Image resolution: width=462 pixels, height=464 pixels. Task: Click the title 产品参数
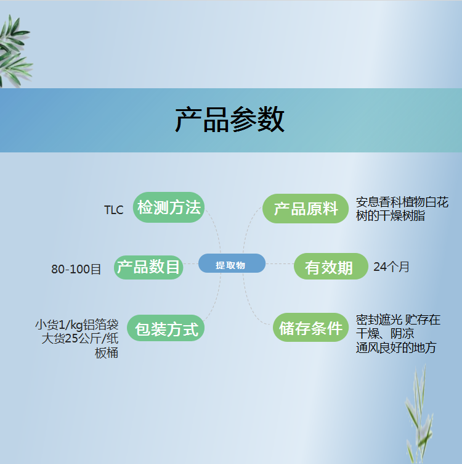click(230, 120)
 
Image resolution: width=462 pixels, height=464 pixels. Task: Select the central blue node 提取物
click(232, 263)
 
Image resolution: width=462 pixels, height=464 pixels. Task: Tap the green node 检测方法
click(169, 207)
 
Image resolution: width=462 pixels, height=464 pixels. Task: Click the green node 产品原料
click(306, 209)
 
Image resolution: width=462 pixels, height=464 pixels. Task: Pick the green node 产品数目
click(148, 267)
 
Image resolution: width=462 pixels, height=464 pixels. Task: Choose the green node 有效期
click(331, 267)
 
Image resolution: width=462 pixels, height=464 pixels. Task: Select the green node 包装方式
click(166, 328)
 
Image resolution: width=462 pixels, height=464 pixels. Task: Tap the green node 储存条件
click(310, 327)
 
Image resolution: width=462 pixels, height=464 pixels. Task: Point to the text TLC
click(114, 210)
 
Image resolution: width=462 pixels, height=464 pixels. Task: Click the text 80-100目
click(76, 269)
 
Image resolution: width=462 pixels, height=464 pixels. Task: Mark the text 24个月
click(391, 267)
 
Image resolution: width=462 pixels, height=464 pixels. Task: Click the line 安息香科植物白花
click(402, 202)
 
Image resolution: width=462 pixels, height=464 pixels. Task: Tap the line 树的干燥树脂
click(390, 216)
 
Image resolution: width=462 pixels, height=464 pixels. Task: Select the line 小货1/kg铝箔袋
click(77, 325)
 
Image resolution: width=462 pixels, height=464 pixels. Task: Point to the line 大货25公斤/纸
click(79, 339)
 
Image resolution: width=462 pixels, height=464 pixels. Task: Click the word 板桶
click(107, 353)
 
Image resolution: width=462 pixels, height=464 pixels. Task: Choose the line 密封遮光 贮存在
click(398, 320)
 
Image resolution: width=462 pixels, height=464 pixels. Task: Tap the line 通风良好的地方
click(396, 348)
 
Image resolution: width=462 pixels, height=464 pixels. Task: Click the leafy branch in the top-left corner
click(15, 51)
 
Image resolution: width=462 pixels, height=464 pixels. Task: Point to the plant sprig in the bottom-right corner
click(419, 414)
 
